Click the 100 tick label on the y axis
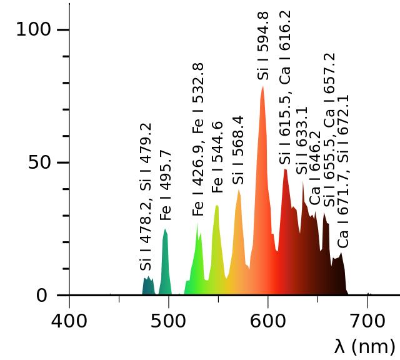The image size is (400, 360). point(33,29)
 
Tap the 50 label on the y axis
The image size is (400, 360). point(42,162)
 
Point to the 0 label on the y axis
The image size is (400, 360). point(42,295)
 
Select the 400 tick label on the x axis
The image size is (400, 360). point(69,322)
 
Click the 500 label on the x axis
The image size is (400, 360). point(169,322)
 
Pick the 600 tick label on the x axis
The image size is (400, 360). point(268,322)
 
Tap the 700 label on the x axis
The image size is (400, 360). point(367,322)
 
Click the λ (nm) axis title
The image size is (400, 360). point(364,345)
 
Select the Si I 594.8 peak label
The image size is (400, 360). point(263,46)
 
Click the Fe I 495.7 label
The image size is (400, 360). point(166,185)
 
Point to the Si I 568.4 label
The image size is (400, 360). point(237,150)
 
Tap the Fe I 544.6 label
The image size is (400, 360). point(217,157)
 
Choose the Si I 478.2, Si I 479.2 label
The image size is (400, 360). point(146,197)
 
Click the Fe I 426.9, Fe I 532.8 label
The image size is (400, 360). point(198,139)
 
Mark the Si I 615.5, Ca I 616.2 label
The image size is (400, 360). point(285,87)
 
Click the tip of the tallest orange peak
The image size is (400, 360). point(263,87)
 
